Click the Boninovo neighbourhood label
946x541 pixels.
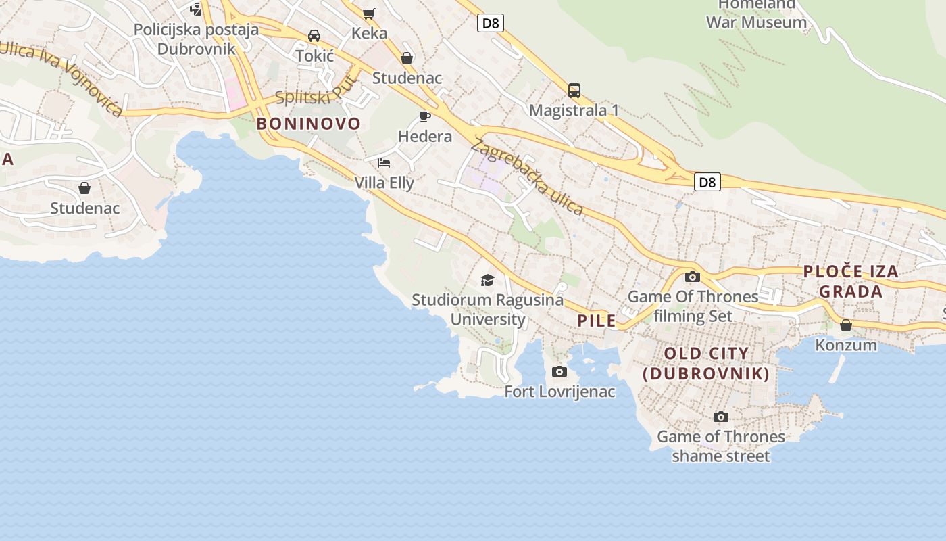point(309,124)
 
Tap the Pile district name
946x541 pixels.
point(597,321)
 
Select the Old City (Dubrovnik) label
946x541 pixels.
point(706,363)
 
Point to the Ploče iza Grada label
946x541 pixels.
point(851,281)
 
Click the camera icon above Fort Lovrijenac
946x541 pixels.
point(559,371)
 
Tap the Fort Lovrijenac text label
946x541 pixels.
point(559,392)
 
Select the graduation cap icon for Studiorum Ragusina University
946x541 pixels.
point(487,280)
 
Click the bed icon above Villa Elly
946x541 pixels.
point(384,163)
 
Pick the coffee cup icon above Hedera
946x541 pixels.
point(424,117)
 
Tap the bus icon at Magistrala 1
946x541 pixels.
point(574,91)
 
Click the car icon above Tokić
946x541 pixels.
point(314,36)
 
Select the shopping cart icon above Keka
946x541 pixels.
point(369,14)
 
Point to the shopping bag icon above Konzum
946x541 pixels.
point(845,325)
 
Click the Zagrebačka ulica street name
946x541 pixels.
point(528,177)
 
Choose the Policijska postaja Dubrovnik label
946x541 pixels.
point(196,39)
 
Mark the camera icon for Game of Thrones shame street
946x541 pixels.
point(721,417)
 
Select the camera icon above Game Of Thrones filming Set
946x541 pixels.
point(693,277)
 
